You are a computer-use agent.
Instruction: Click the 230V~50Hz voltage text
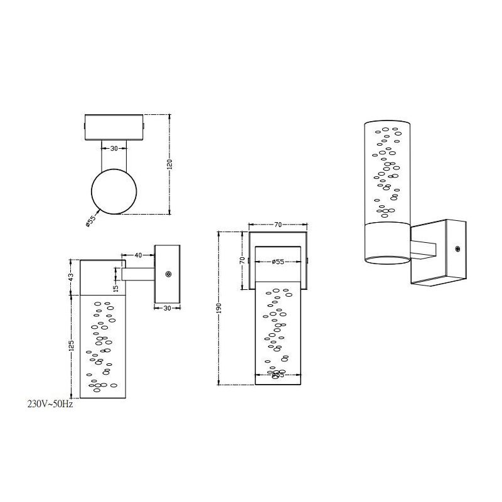[50, 405]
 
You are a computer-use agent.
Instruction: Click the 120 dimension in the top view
[169, 164]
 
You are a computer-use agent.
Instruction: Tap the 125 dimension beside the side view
[72, 346]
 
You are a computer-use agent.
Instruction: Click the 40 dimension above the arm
[139, 255]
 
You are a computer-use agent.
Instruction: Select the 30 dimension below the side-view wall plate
[167, 307]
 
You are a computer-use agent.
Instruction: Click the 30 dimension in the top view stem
[114, 149]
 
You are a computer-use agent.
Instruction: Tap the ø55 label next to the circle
[92, 220]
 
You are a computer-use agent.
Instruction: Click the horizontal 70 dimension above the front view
[277, 224]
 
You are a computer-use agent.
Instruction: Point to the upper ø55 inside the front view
[277, 262]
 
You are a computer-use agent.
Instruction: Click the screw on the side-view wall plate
[168, 274]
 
